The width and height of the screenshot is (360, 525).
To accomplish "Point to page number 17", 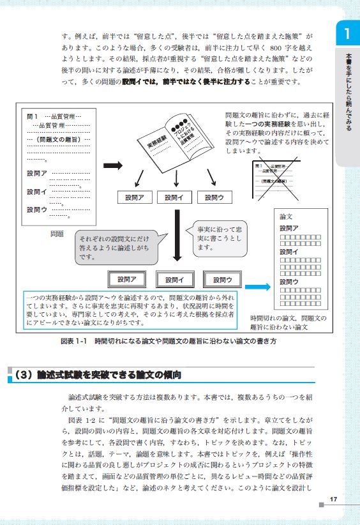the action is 333,499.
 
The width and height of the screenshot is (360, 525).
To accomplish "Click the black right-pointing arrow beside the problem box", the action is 113,165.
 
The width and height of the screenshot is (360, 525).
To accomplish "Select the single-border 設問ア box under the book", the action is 134,198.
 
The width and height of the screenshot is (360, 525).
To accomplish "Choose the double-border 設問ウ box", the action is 222,279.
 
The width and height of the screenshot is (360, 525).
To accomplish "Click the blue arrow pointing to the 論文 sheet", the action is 257,287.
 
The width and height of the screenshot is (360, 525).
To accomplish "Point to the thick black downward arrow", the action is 178,236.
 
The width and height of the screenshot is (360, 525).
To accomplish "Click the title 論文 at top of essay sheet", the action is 286,217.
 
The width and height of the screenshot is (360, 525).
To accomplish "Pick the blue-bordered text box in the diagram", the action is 133,311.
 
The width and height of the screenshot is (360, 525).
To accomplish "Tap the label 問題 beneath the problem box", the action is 57,234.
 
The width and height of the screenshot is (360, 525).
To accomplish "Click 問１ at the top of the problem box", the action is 34,117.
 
